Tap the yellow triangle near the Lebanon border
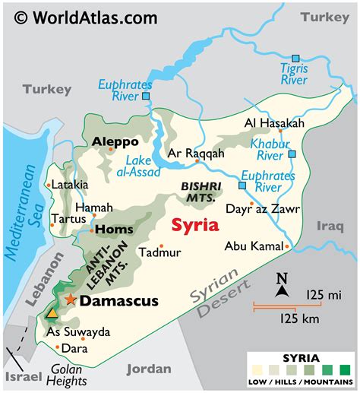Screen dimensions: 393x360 (x=51, y=312)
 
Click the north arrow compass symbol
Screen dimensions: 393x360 (x=281, y=285)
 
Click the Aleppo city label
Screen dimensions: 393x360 (x=115, y=141)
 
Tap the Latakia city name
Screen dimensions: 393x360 (x=71, y=184)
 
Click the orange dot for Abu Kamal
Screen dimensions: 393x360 (x=287, y=246)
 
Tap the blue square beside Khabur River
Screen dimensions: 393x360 (x=292, y=154)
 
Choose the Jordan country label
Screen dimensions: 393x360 (x=149, y=369)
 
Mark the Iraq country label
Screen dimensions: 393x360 (x=331, y=225)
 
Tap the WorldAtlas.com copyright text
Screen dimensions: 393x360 (x=87, y=16)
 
